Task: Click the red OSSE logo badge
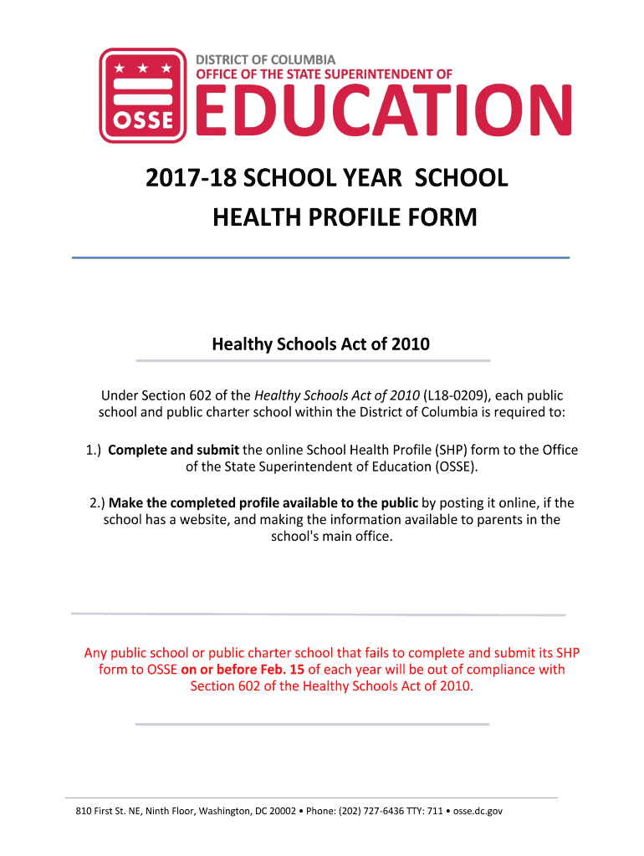(x=143, y=95)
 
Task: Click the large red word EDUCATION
(x=384, y=113)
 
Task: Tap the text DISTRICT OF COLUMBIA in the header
(x=265, y=59)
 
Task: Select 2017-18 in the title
(x=181, y=179)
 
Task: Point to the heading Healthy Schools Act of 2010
(x=320, y=344)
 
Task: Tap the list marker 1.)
(x=94, y=450)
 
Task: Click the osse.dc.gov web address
(x=478, y=811)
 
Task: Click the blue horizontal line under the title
(x=320, y=257)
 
